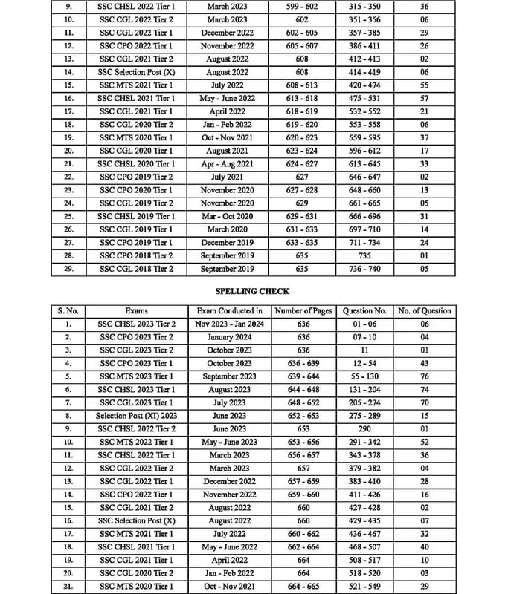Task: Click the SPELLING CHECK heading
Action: tap(252, 291)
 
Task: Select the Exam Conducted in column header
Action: tap(229, 310)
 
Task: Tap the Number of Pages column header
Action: tap(303, 310)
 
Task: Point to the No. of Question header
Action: tap(424, 310)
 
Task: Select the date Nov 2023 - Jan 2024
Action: tap(229, 324)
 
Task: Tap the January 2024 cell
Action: tap(229, 337)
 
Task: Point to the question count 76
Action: tap(424, 376)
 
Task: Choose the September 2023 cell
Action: tap(229, 376)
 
